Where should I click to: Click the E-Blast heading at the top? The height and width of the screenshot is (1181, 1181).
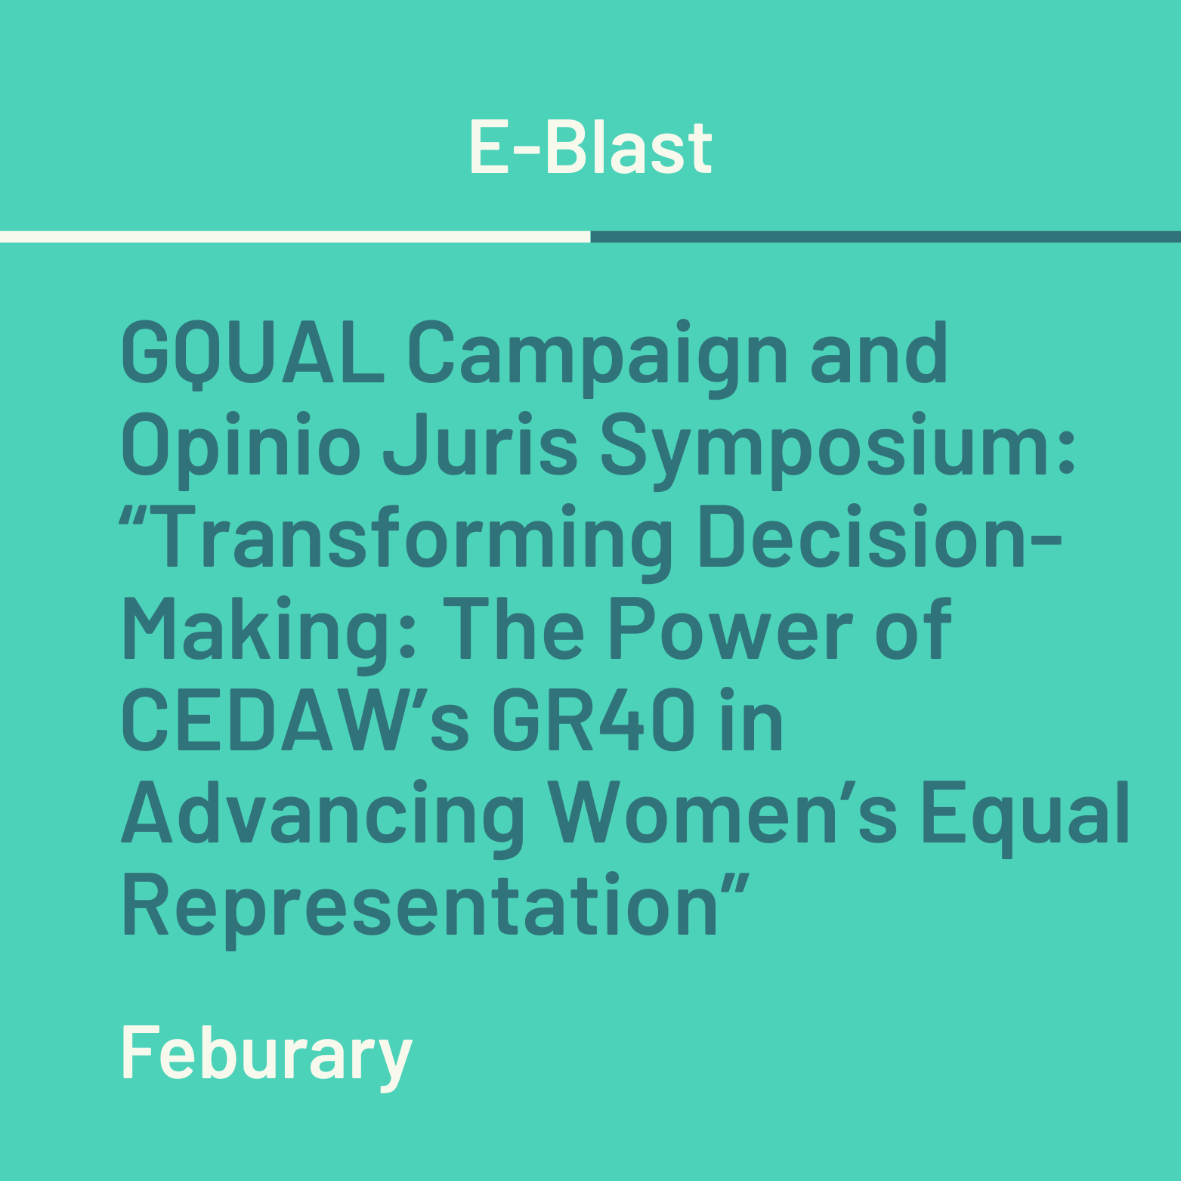pyautogui.click(x=590, y=147)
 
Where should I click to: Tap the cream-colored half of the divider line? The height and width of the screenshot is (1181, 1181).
pyautogui.click(x=295, y=237)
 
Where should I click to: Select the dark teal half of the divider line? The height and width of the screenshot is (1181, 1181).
pyautogui.click(x=886, y=237)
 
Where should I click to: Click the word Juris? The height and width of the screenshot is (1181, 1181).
pyautogui.click(x=480, y=444)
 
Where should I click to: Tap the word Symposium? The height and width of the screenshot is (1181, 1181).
pyautogui.click(x=838, y=449)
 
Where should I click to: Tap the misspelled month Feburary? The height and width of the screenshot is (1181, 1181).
pyautogui.click(x=267, y=1056)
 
